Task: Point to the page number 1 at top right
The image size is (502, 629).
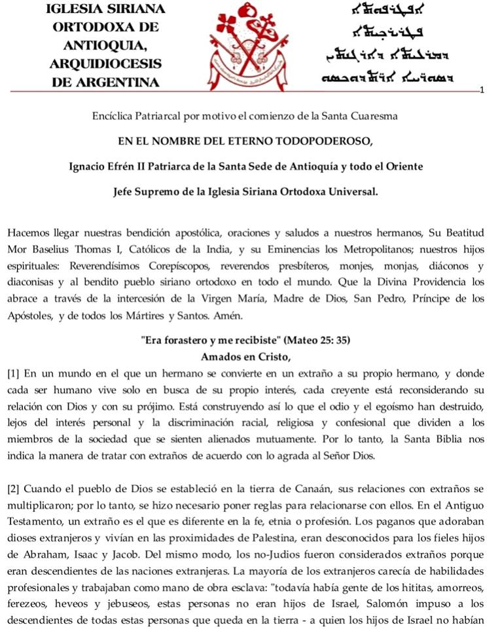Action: [x=481, y=89]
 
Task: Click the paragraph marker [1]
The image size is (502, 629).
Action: [x=13, y=374]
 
